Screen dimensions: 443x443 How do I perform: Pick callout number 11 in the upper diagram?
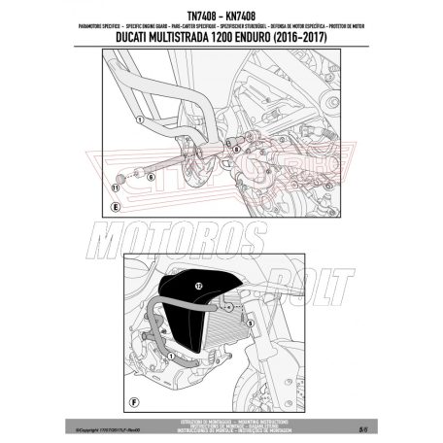[116, 183]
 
